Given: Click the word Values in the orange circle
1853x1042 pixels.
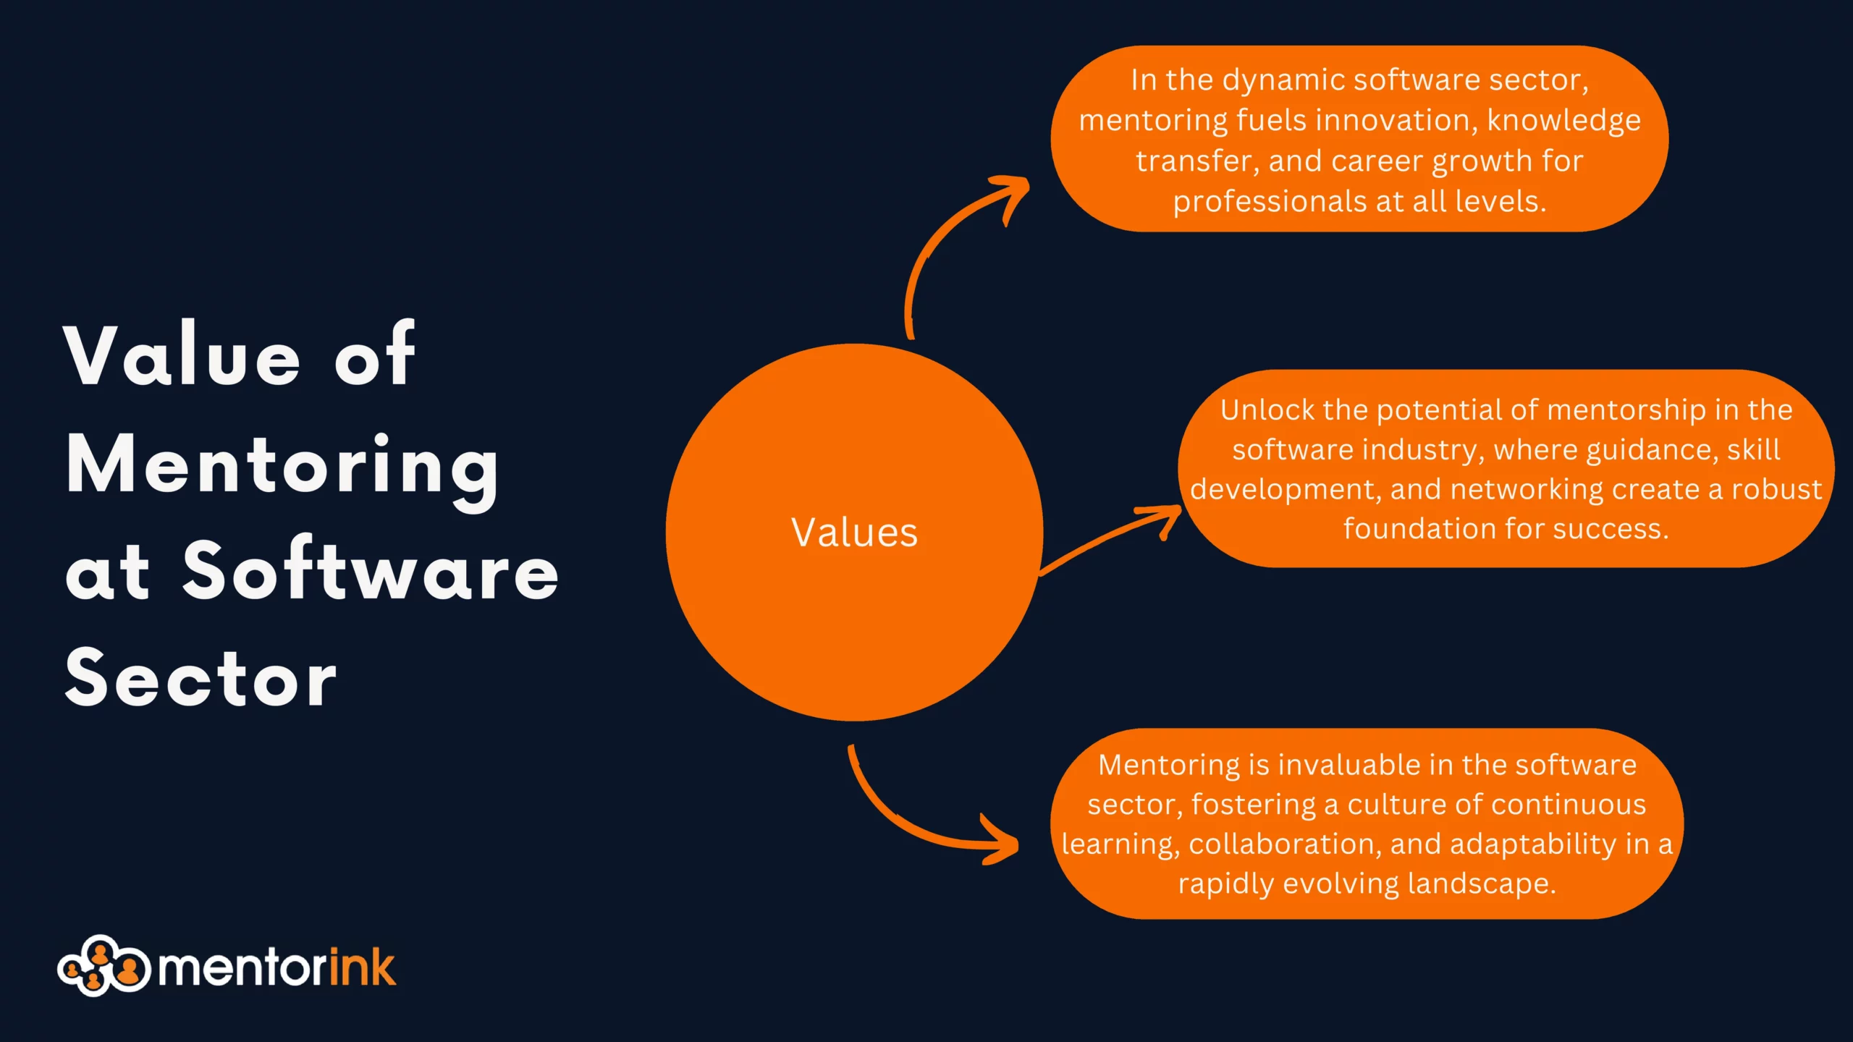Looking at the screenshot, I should [x=854, y=533].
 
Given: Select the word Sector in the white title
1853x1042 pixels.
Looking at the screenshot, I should [x=201, y=678].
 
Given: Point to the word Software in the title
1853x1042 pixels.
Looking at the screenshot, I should [x=371, y=572].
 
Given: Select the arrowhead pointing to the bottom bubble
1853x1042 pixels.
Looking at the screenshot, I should [x=1003, y=842].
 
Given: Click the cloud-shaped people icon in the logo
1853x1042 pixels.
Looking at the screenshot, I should [x=104, y=966].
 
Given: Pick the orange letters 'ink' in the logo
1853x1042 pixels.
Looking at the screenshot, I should [x=362, y=967].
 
